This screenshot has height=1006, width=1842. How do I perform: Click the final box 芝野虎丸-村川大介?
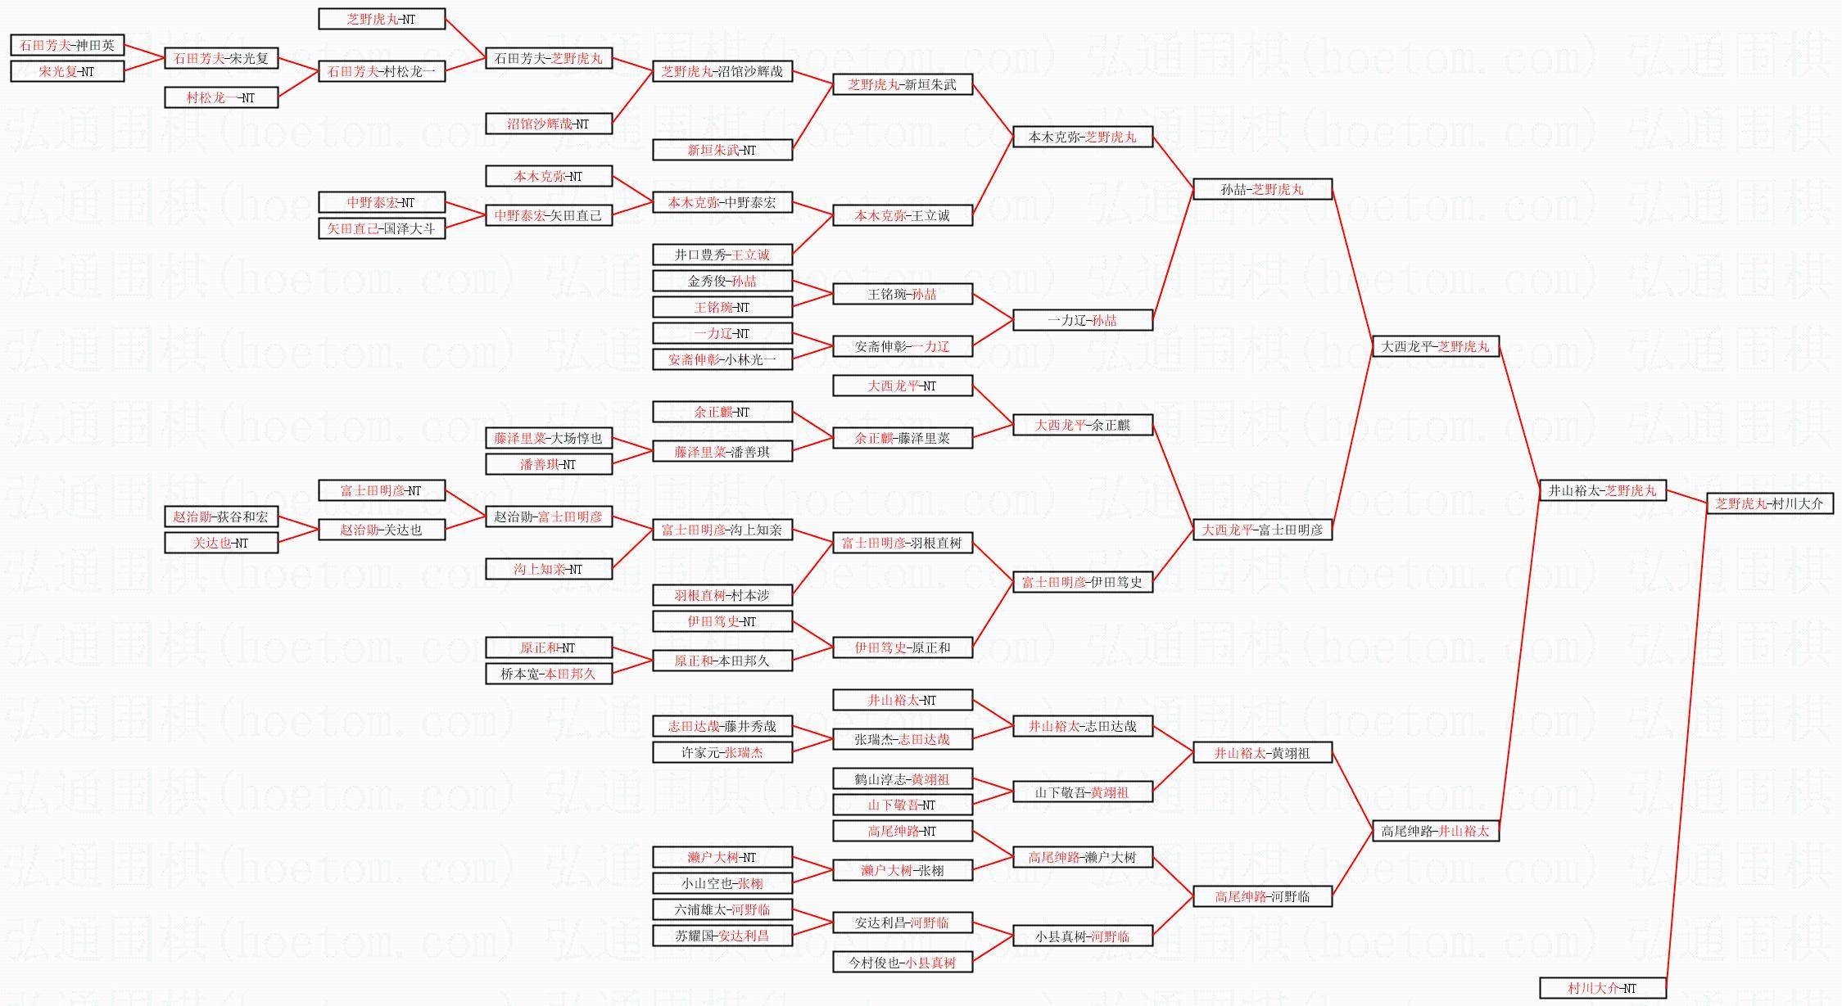pos(1769,503)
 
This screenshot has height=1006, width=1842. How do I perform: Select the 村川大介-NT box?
pos(1602,988)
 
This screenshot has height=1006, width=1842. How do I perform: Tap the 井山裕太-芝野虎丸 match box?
pos(1602,490)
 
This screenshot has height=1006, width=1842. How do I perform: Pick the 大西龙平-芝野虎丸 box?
pos(1435,346)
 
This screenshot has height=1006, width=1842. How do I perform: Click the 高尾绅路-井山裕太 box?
pos(1435,831)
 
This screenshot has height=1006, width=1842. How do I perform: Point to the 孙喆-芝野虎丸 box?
pos(1262,189)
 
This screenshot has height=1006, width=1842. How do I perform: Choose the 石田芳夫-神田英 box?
pos(67,45)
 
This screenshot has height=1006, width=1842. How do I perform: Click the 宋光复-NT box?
pos(67,71)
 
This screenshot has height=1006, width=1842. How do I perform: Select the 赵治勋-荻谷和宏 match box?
pos(221,517)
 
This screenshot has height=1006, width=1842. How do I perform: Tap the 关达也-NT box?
pos(221,543)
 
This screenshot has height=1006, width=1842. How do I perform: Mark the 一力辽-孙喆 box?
pos(1082,320)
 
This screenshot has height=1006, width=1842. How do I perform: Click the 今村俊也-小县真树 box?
pos(902,963)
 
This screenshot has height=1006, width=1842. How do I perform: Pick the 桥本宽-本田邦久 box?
pos(548,674)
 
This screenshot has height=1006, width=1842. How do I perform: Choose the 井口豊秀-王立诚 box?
pos(722,255)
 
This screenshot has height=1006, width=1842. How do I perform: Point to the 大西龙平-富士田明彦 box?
pos(1262,530)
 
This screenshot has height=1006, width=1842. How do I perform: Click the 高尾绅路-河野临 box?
pos(1262,896)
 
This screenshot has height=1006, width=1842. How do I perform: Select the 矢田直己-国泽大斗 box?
pos(381,228)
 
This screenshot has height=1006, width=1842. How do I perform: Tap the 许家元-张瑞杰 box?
pos(722,752)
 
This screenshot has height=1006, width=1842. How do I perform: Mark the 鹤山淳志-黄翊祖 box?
pos(902,779)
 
